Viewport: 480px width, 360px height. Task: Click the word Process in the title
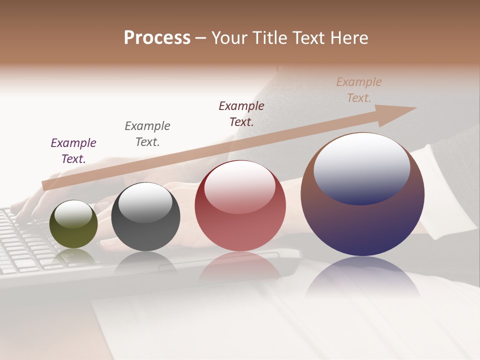tap(157, 38)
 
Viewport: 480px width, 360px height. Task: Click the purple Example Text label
tap(73, 151)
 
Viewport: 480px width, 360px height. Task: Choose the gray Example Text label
tap(147, 134)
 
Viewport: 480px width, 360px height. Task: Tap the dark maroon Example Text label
tap(241, 113)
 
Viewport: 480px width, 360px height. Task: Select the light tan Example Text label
tap(359, 90)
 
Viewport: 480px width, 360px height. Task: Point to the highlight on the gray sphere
tap(145, 201)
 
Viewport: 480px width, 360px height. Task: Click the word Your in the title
tap(228, 38)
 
